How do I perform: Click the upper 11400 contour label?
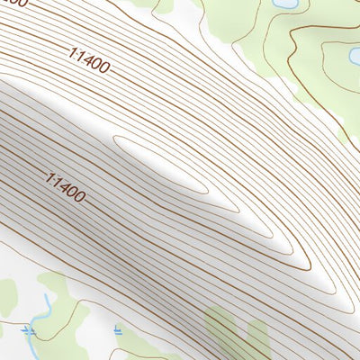(x=88, y=59)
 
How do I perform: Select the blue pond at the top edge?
(x=283, y=4)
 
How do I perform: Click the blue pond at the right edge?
(x=355, y=59)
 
